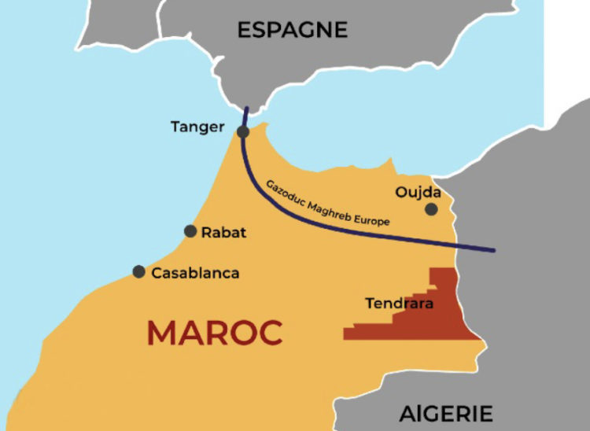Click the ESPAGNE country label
click(292, 30)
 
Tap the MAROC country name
click(214, 333)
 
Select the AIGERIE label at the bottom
click(446, 414)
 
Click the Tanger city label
click(197, 127)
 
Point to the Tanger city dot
click(243, 131)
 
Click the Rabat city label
click(223, 232)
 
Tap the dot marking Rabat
click(190, 231)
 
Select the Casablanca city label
click(195, 274)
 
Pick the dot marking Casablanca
click(138, 272)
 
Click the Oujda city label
click(419, 192)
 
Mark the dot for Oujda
click(431, 209)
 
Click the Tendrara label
click(399, 303)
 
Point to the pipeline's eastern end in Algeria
click(494, 251)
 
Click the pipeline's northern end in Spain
click(246, 109)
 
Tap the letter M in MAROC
click(160, 333)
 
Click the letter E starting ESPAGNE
click(244, 30)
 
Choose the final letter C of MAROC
click(270, 333)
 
